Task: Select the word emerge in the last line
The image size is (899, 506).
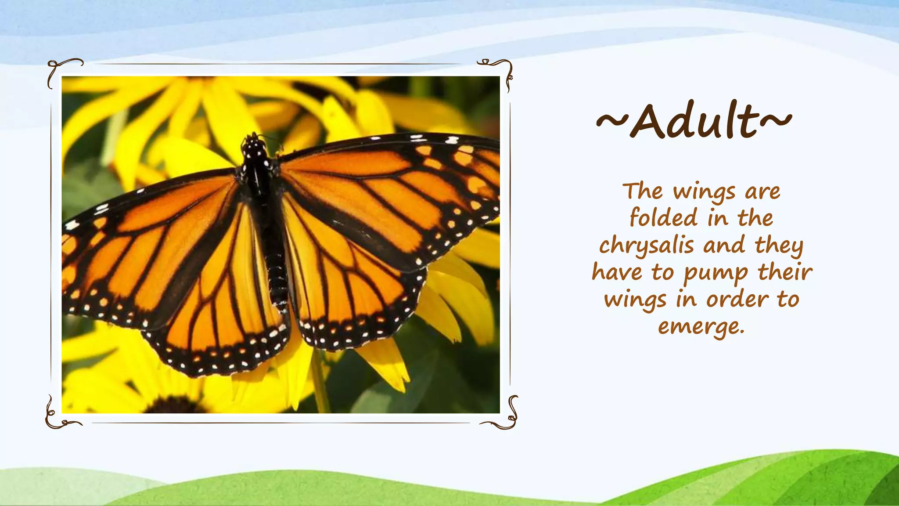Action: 701,326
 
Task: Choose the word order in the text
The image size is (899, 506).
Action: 737,300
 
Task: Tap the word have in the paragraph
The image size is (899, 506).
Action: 616,272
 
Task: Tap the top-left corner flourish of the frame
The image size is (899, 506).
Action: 61,70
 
